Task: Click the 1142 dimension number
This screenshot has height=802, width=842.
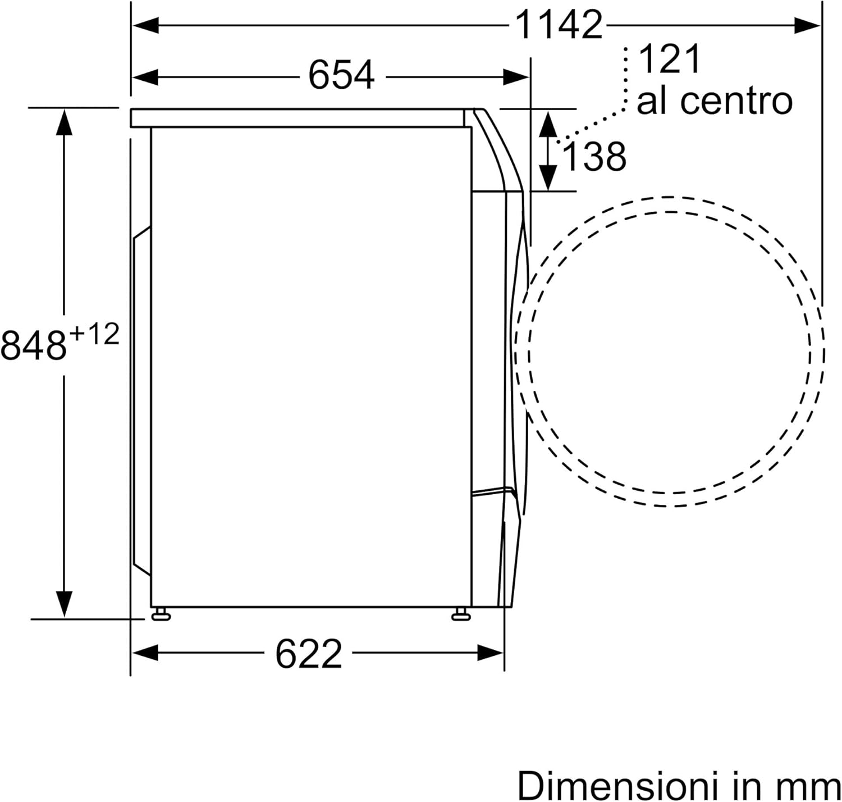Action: (559, 25)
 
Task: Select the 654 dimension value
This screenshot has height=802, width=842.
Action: (341, 75)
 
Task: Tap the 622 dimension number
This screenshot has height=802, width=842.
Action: (308, 654)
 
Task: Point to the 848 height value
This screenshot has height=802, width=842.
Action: (34, 345)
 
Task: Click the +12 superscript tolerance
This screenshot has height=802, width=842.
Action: (94, 335)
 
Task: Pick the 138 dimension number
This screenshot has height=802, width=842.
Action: (594, 157)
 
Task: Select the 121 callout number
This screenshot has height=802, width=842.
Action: (669, 59)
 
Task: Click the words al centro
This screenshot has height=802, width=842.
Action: (715, 101)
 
